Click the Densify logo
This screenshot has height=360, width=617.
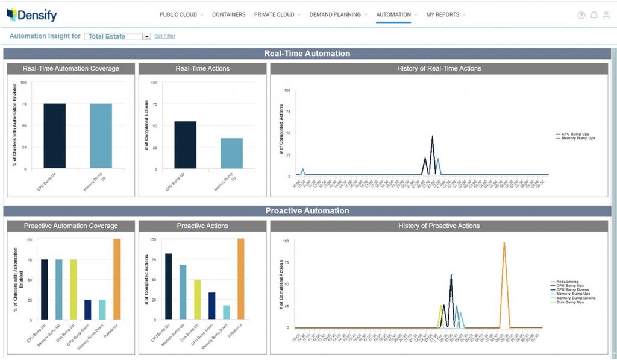click(x=33, y=15)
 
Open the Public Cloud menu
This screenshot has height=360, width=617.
click(x=178, y=14)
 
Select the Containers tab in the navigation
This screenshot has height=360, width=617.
click(x=228, y=14)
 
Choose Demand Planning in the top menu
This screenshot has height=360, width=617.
click(x=335, y=14)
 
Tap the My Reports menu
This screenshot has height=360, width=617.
click(x=442, y=14)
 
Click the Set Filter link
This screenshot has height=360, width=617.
click(x=164, y=36)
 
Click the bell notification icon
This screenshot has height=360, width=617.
click(x=594, y=15)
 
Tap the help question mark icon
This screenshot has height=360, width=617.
click(x=581, y=15)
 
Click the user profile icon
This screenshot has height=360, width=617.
click(x=606, y=15)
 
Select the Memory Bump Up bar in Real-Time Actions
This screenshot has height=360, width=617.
click(x=231, y=153)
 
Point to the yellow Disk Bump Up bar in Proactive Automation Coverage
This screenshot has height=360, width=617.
click(x=73, y=289)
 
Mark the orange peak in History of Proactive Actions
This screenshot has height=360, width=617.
click(x=504, y=244)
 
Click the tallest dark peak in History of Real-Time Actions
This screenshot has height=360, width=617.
click(x=432, y=137)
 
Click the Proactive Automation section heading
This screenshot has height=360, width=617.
click(x=307, y=211)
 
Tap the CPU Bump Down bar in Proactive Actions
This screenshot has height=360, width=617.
click(x=211, y=305)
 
